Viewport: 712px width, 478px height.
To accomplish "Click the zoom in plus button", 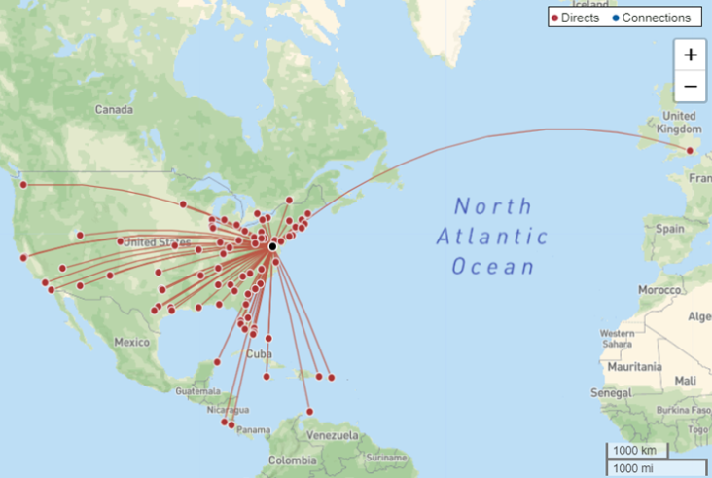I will tap(690, 55).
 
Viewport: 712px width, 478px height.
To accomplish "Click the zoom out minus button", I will tap(690, 87).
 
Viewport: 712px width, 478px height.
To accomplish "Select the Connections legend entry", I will tap(651, 18).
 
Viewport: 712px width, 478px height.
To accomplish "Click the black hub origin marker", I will tap(272, 247).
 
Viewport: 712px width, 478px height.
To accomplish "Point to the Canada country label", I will tap(114, 110).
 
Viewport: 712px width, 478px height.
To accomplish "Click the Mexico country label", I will tap(131, 342).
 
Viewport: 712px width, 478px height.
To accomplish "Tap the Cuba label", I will tap(260, 353).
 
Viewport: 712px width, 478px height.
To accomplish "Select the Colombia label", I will tap(293, 460).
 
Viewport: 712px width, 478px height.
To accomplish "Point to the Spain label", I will tap(670, 228).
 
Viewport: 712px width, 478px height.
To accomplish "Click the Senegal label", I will tap(613, 392).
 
